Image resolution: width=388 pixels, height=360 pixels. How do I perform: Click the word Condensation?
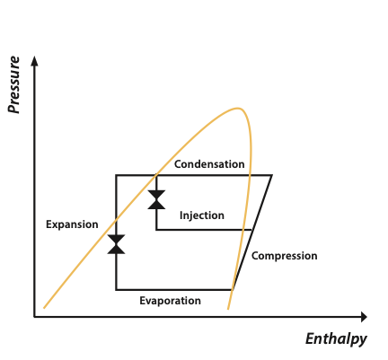(x=209, y=164)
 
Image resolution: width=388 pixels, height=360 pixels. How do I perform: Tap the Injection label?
(x=202, y=215)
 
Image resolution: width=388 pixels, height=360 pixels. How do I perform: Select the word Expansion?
(x=72, y=224)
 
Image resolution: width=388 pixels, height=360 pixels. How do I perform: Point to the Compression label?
(x=285, y=256)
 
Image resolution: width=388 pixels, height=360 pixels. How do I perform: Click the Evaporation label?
(x=170, y=301)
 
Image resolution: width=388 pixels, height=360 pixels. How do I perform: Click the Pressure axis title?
(x=13, y=84)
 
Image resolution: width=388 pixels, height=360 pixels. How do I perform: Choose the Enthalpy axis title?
(x=336, y=339)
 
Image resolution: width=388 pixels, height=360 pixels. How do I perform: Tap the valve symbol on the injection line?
(x=156, y=199)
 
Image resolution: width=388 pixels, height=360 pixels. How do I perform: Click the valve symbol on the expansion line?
(x=116, y=244)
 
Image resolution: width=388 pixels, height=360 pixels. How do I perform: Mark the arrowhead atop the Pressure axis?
(x=35, y=61)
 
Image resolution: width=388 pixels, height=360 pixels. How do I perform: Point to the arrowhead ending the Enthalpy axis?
(x=364, y=317)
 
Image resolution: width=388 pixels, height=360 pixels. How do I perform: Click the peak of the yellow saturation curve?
(x=238, y=109)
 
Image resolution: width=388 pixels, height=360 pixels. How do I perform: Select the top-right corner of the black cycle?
(x=271, y=175)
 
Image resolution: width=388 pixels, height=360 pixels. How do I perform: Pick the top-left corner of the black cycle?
(x=116, y=175)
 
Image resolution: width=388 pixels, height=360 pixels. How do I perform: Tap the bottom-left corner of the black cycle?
(x=116, y=289)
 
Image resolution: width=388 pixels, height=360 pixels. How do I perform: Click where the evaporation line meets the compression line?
(x=233, y=289)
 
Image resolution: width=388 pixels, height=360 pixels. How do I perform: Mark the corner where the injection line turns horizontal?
(x=156, y=230)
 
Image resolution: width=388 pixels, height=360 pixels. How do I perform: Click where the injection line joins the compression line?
(x=253, y=230)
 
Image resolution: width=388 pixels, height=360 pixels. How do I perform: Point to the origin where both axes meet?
(x=35, y=317)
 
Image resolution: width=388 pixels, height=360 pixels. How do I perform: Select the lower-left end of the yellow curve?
(x=44, y=308)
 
